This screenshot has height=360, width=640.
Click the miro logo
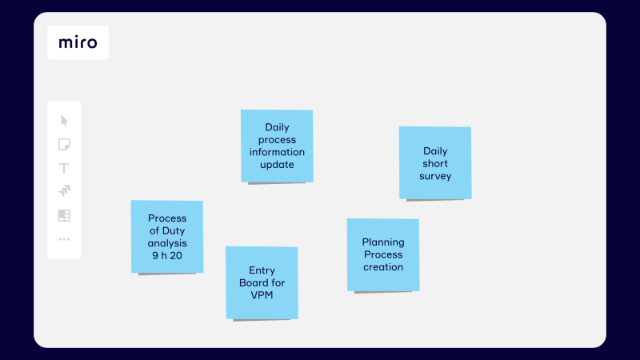point(78,42)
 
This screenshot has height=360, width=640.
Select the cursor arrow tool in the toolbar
point(64,121)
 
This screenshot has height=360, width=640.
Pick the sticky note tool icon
point(64,145)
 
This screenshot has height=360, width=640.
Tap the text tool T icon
point(64,168)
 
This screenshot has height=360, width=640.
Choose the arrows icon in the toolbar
point(64,190)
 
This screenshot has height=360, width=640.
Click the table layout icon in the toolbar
point(64,215)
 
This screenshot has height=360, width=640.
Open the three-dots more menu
point(64,239)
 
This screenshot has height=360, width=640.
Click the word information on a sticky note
point(277,152)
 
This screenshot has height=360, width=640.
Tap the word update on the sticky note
point(277,165)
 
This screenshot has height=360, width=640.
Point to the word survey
point(435,176)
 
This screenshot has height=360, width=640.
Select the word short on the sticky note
point(435,164)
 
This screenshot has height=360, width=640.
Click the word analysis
point(167,243)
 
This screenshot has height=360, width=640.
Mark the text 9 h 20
point(167,255)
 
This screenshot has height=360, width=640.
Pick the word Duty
point(174,231)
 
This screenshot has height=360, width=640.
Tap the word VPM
point(262,295)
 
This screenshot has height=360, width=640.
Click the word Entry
point(262,270)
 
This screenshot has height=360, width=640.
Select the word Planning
point(383,242)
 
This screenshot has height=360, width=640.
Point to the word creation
point(383,267)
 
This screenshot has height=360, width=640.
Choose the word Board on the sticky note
point(250,283)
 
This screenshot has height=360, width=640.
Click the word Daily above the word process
point(277,127)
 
